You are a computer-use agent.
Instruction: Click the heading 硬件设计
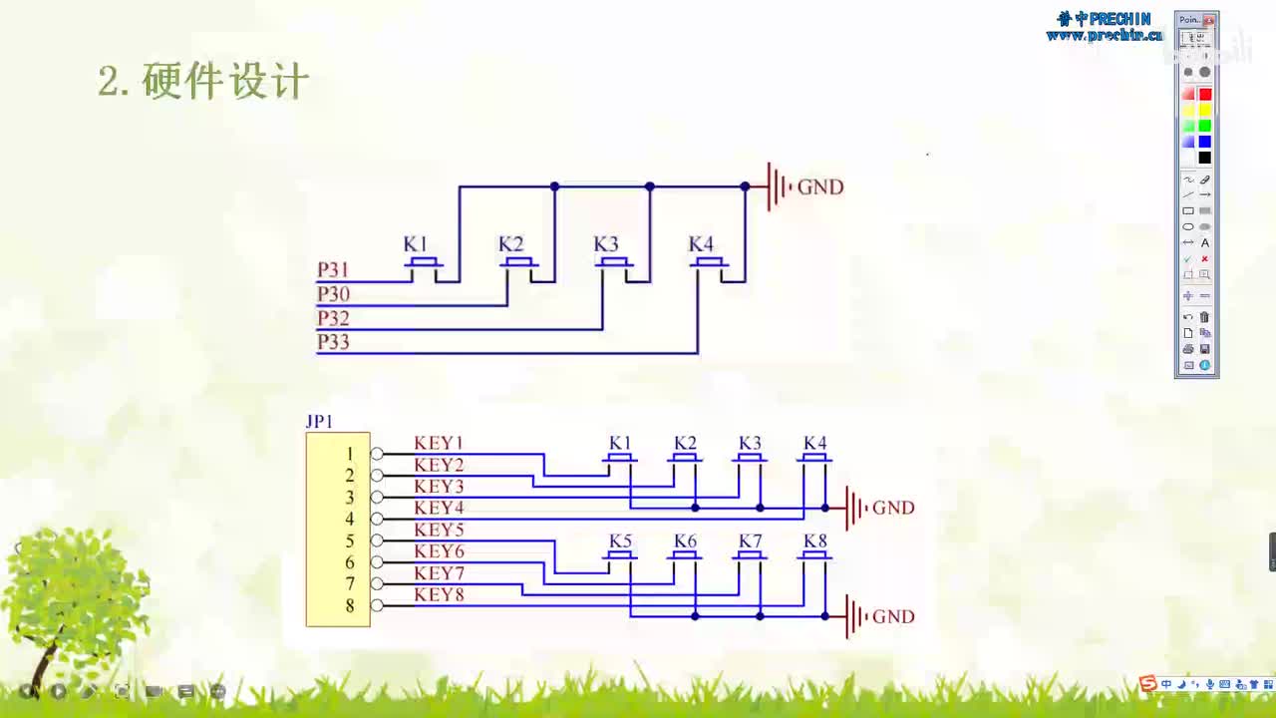(225, 82)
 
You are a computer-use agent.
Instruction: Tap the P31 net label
(333, 270)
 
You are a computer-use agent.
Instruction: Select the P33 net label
(333, 342)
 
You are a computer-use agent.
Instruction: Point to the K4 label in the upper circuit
(701, 244)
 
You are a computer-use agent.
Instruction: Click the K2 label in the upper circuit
(510, 244)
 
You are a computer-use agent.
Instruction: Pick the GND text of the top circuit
(820, 187)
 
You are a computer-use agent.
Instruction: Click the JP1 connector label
(319, 422)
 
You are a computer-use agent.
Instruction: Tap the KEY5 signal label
(439, 530)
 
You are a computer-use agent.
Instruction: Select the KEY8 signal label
(439, 595)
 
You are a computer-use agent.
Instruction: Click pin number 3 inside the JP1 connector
(350, 498)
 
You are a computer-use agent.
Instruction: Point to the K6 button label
(685, 541)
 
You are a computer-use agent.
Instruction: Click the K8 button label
(815, 541)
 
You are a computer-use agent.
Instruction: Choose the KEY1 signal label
(439, 443)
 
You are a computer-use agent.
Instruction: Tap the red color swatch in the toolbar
(1204, 94)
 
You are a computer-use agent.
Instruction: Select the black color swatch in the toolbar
(1204, 158)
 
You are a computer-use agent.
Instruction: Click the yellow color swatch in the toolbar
(1204, 110)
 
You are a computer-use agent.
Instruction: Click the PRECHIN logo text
(1104, 19)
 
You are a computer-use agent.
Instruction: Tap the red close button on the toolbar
(1208, 20)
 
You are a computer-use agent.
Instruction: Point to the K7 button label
(751, 541)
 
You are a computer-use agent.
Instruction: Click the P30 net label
(333, 294)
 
